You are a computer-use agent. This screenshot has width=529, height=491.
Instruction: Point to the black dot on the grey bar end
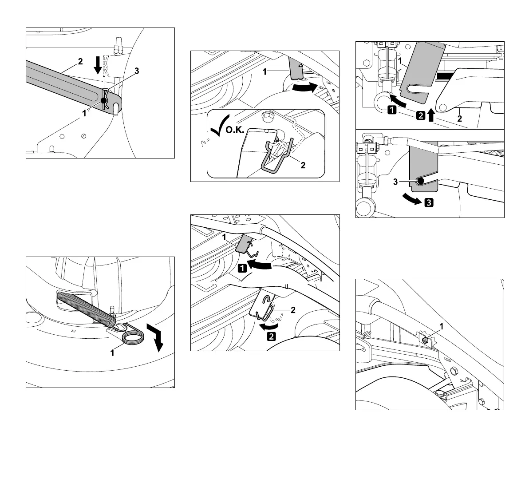pos(105,102)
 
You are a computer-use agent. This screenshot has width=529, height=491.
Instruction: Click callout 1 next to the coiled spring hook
pos(113,353)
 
